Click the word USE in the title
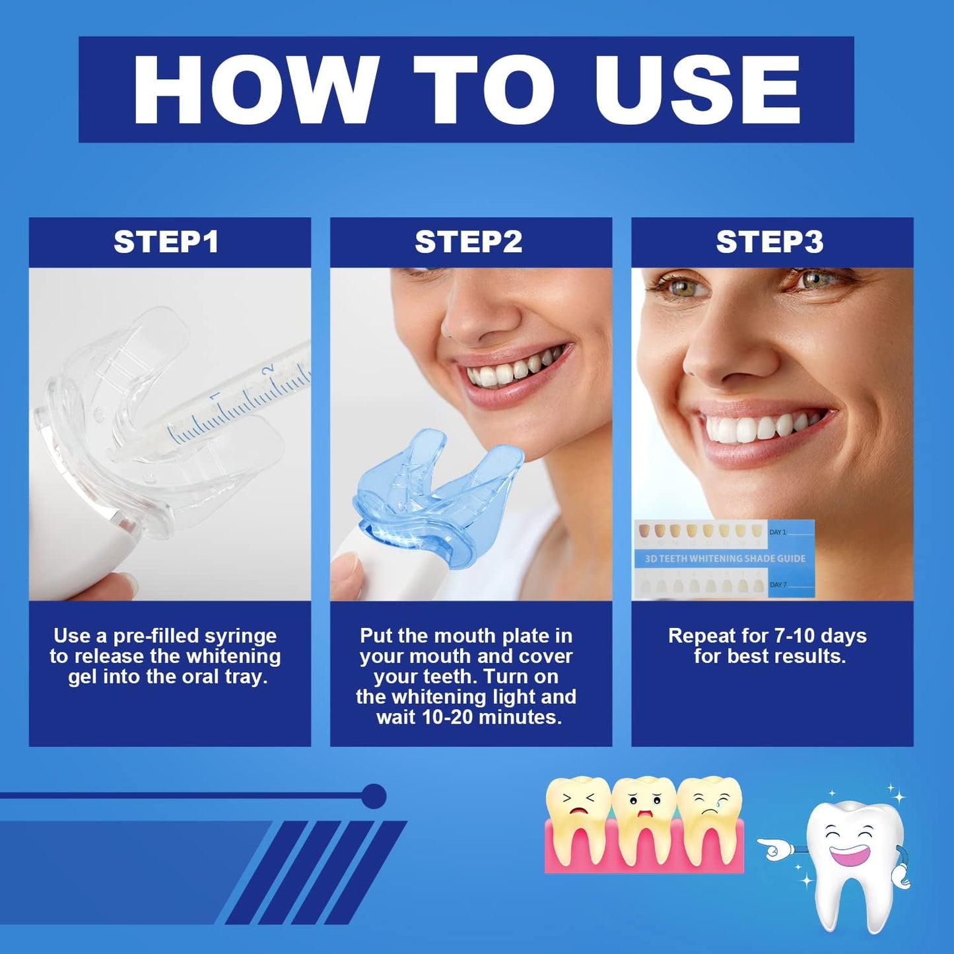(697, 89)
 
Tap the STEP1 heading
(166, 242)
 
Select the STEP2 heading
(468, 242)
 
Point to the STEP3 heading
(770, 242)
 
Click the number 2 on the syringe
(269, 369)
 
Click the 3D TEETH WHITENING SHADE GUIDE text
(725, 559)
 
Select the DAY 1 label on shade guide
(778, 532)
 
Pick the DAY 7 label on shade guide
(778, 585)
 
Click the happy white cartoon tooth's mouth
(850, 854)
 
